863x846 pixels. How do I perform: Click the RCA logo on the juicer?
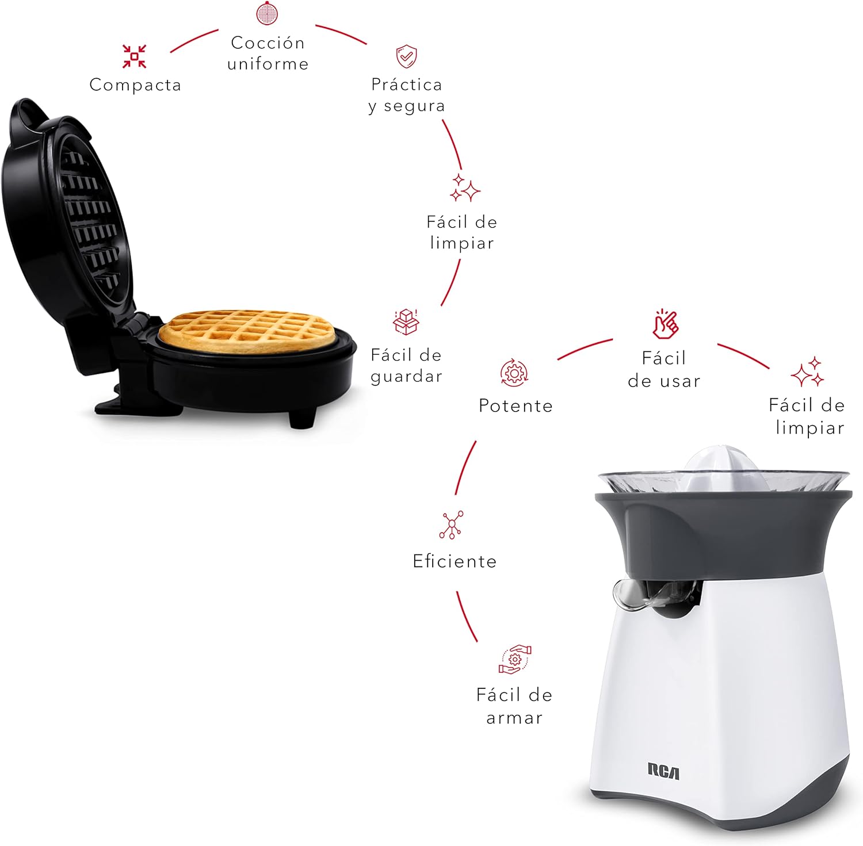[x=663, y=771]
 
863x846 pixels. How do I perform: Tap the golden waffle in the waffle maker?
[x=246, y=331]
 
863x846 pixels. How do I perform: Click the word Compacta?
[x=135, y=85]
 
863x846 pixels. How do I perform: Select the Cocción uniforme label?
[x=268, y=53]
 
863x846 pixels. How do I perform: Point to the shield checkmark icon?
[x=406, y=56]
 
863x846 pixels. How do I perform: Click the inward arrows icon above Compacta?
[x=134, y=56]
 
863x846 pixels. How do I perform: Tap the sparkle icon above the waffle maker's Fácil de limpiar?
[x=464, y=187]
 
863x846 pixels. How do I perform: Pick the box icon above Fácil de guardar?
[x=406, y=322]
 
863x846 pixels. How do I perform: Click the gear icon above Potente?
[x=514, y=373]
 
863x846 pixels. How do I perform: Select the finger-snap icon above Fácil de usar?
[x=665, y=324]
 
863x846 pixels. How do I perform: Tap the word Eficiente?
[x=455, y=561]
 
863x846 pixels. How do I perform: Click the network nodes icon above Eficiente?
[x=451, y=525]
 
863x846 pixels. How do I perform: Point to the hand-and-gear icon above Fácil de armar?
[x=514, y=659]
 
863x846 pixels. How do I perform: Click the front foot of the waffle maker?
[x=301, y=418]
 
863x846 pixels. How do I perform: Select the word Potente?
[x=515, y=406]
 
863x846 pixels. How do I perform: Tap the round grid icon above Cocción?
[x=267, y=13]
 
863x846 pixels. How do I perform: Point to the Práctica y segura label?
[x=407, y=95]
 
